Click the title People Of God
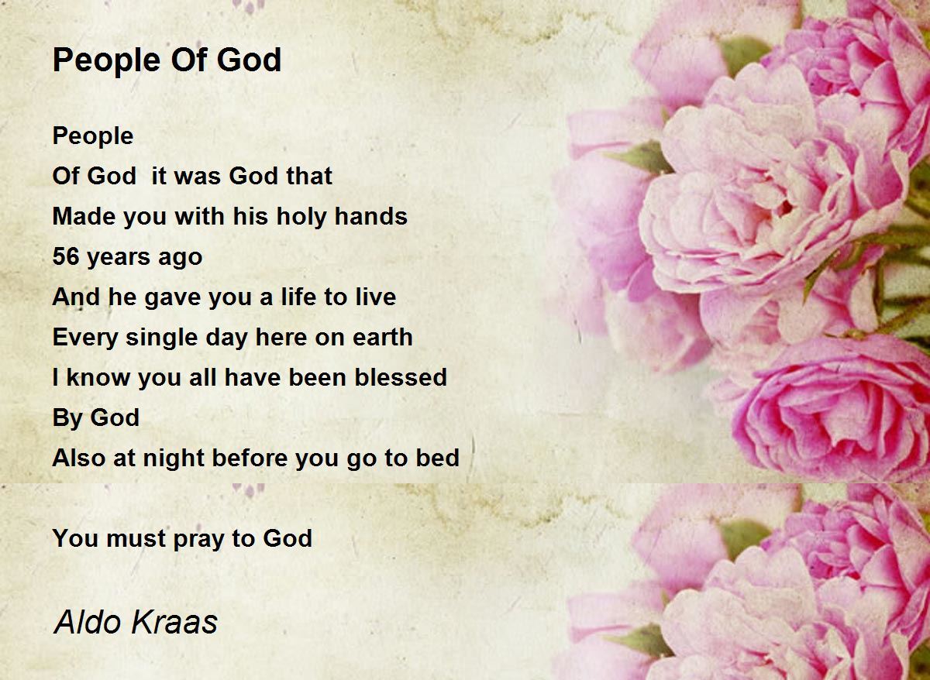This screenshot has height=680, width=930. [x=167, y=60]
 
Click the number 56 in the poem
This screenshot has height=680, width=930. [x=66, y=256]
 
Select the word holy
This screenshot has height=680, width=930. [x=301, y=217]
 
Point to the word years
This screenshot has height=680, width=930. [x=119, y=258]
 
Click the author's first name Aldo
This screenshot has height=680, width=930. [x=88, y=622]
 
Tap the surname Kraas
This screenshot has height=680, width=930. [x=174, y=622]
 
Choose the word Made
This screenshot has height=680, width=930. [x=84, y=216]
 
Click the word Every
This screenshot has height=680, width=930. [x=85, y=338]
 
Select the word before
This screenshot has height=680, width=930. [x=249, y=458]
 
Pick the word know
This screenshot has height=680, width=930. [x=98, y=377]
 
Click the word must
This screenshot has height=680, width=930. [x=136, y=538]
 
